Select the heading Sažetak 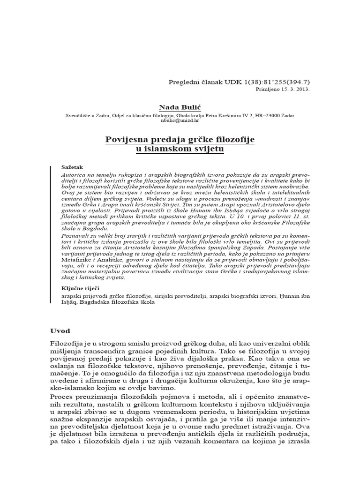coord(72,167)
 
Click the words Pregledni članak coord(192,82)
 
